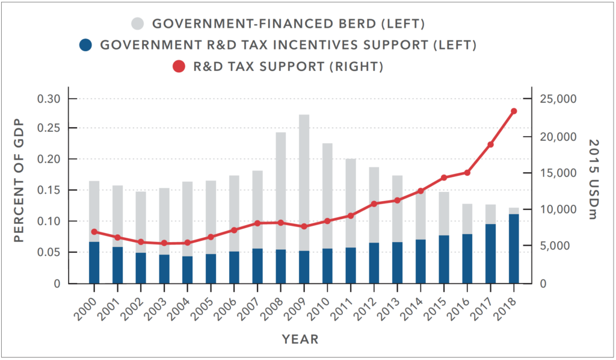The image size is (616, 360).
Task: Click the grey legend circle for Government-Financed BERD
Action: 137,24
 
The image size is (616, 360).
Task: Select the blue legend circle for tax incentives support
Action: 86,45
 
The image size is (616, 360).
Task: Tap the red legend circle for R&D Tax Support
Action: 179,66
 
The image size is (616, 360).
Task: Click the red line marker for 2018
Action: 514,111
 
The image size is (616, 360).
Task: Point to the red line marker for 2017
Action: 490,144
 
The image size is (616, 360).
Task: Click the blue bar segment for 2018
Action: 514,248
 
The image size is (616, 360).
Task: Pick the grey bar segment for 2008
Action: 281,190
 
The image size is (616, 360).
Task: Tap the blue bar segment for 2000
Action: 94,262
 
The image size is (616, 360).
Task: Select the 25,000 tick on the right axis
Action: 561,99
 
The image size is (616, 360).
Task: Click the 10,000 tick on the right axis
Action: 561,209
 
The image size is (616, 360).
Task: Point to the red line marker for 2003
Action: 164,243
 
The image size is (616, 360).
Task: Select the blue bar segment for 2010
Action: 328,265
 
